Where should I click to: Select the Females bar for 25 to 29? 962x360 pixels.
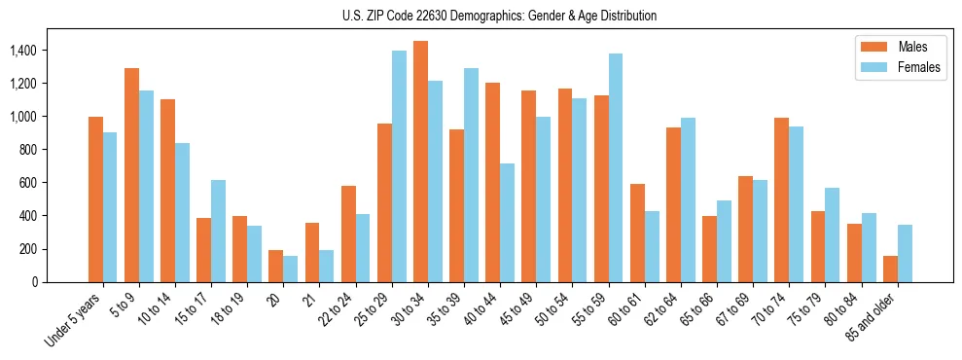(x=399, y=166)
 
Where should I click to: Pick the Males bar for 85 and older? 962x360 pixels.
(x=890, y=269)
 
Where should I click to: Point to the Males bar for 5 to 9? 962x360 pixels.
(x=131, y=175)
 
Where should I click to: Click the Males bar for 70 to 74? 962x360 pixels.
(x=781, y=199)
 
